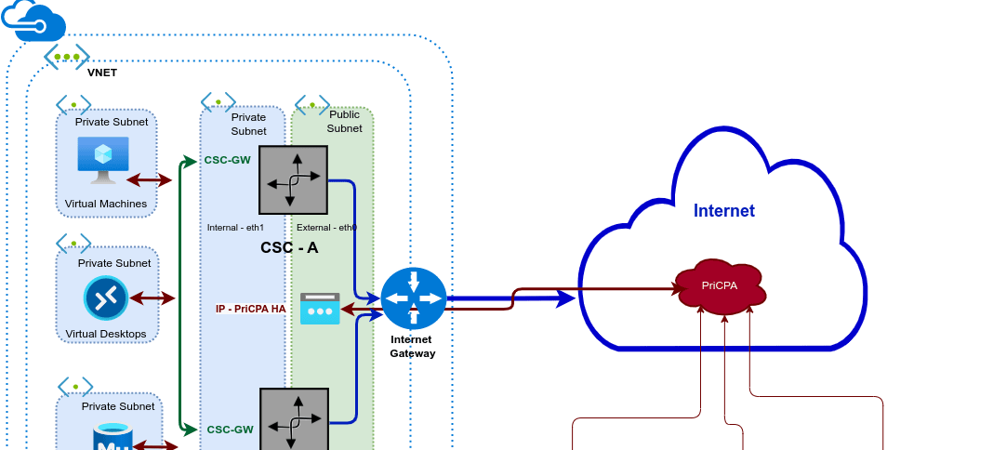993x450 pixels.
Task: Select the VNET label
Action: (x=102, y=73)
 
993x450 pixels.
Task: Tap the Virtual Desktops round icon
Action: (x=104, y=298)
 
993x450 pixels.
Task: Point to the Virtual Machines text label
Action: (x=106, y=204)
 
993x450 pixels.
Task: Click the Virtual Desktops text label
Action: (x=106, y=334)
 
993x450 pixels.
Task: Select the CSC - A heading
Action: (x=289, y=248)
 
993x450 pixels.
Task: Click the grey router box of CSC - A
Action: (x=293, y=180)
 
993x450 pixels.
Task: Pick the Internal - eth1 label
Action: (x=235, y=227)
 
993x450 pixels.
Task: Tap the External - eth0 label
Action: (x=326, y=227)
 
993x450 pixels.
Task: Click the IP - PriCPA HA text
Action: (x=251, y=309)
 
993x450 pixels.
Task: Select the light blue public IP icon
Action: (x=320, y=309)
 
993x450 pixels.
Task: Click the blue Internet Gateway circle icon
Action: (x=413, y=298)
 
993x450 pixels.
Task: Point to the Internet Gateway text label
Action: (x=412, y=347)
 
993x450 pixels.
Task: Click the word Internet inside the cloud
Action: (x=723, y=211)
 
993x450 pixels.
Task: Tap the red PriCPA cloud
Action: (x=721, y=286)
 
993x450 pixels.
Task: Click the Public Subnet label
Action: (x=344, y=121)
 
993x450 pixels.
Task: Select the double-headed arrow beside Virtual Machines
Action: (x=150, y=179)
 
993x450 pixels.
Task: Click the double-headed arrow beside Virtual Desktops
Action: (x=152, y=298)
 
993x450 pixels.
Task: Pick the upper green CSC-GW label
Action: (x=228, y=160)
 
